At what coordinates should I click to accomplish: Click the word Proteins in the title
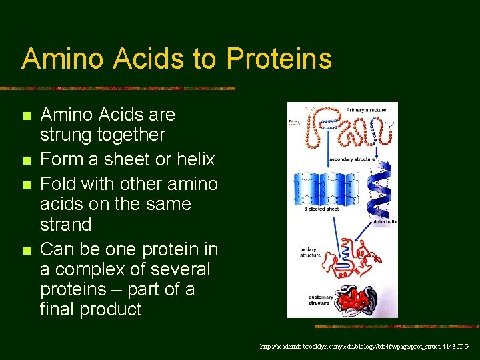click(x=279, y=59)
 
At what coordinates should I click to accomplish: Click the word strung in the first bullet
click(x=65, y=135)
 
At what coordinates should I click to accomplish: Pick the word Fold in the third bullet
click(x=56, y=183)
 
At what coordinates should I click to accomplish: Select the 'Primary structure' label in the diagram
click(x=365, y=109)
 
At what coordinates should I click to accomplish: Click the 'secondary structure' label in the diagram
click(x=355, y=159)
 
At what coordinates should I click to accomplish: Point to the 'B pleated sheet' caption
click(x=322, y=209)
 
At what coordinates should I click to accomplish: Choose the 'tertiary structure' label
click(x=311, y=252)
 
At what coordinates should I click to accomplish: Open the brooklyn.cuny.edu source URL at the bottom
click(x=364, y=347)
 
